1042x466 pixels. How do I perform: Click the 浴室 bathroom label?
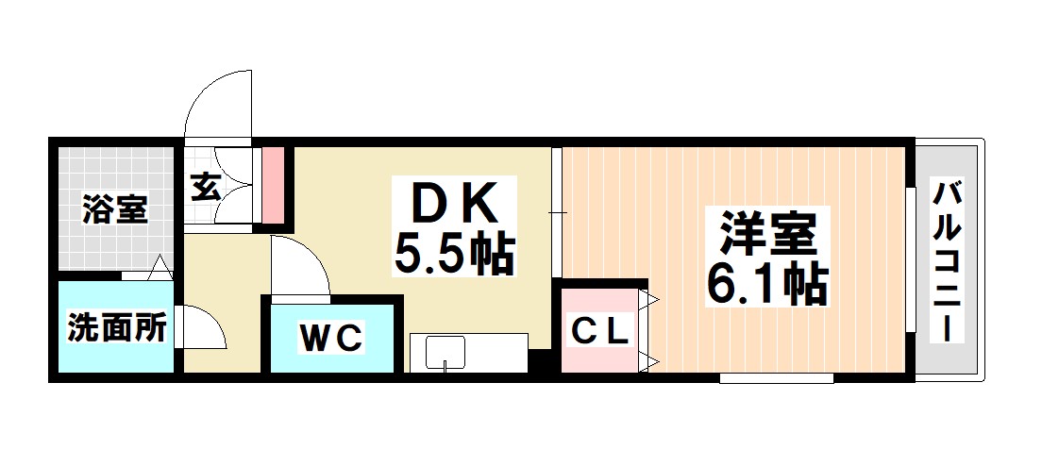[x=114, y=209]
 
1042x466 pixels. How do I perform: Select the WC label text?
[x=331, y=338]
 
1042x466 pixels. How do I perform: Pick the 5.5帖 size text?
[x=454, y=253]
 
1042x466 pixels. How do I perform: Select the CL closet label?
[x=600, y=331]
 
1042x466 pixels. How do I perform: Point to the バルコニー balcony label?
[x=948, y=261]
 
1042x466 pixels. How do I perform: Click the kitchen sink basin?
[x=445, y=355]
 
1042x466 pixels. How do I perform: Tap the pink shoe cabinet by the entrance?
[x=272, y=186]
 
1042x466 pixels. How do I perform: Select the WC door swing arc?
[x=302, y=263]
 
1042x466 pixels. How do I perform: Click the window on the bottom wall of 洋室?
[x=776, y=378]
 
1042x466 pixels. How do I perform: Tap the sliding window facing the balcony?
[x=911, y=259]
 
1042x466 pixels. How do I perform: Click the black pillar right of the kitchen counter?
[x=539, y=361]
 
